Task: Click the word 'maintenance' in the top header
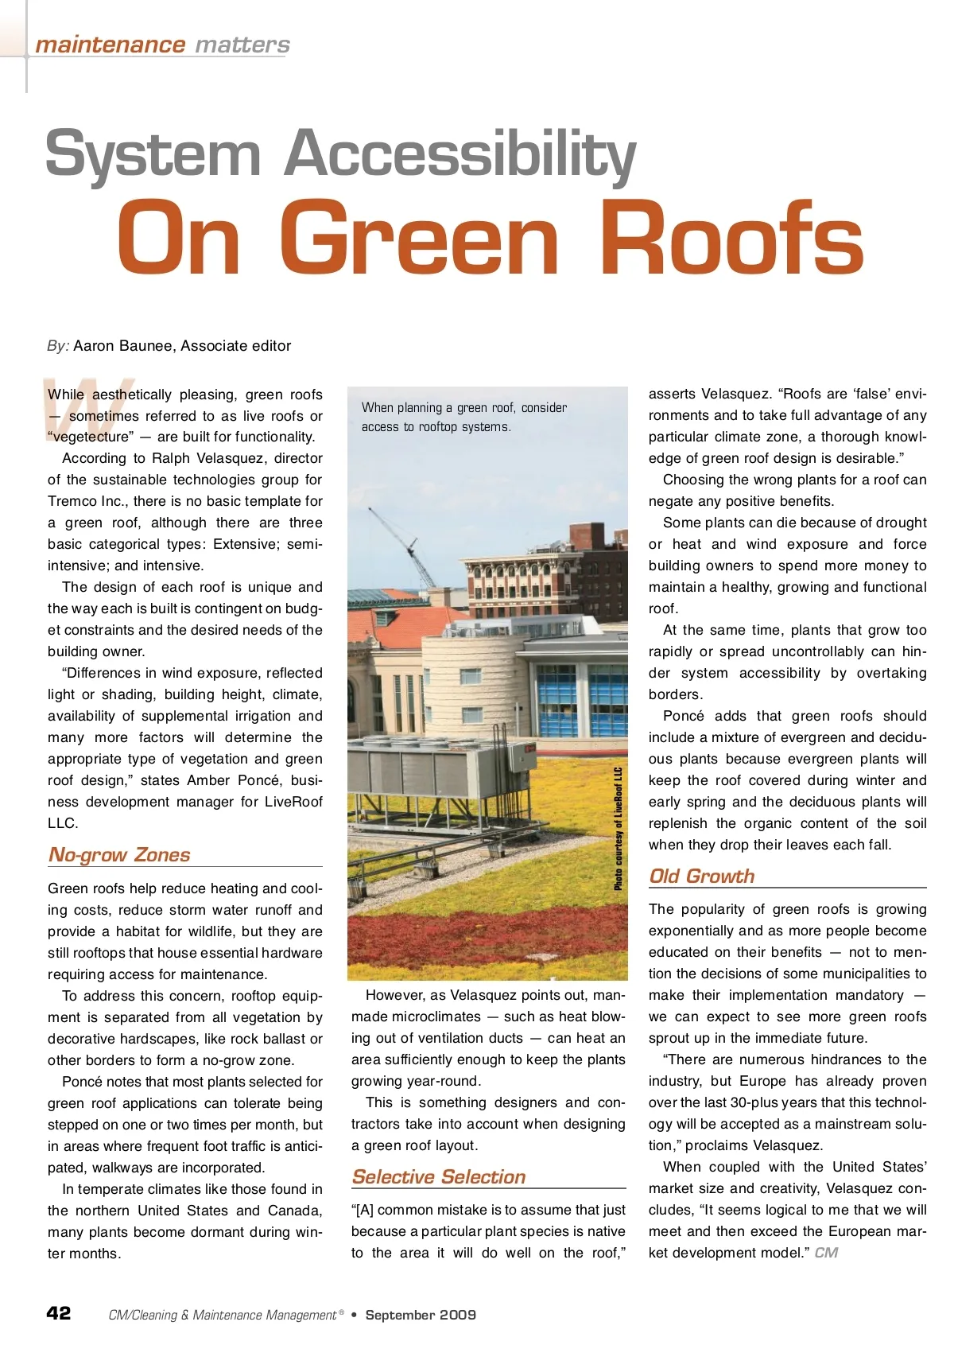click(x=110, y=45)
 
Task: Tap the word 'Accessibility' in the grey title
click(x=460, y=154)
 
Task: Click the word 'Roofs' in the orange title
click(x=731, y=239)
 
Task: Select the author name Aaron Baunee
click(x=122, y=346)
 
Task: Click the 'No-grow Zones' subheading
click(x=119, y=855)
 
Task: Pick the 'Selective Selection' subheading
click(x=439, y=1177)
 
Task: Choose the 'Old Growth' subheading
click(x=702, y=877)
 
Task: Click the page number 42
click(x=59, y=1313)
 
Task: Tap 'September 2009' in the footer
click(x=421, y=1315)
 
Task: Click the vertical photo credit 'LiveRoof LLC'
click(x=618, y=828)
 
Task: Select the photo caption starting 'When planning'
click(x=464, y=417)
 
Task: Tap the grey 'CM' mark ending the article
click(x=826, y=1253)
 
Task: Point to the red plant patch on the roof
click(x=477, y=939)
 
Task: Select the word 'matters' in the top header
click(x=242, y=45)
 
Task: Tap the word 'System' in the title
click(x=153, y=154)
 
